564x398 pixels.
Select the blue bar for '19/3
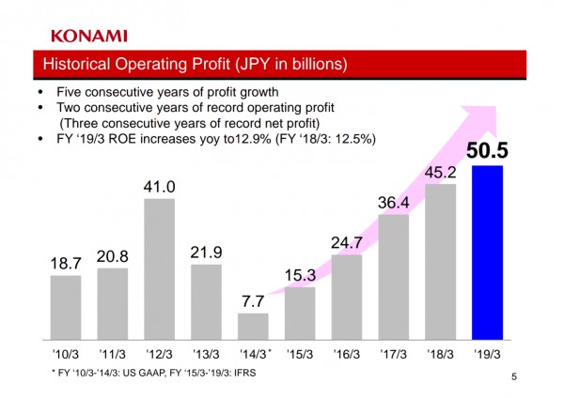488,252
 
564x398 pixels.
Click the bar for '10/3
65,306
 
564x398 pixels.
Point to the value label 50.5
488,150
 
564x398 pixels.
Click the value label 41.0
159,186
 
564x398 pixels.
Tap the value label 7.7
253,300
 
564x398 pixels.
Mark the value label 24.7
347,242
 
